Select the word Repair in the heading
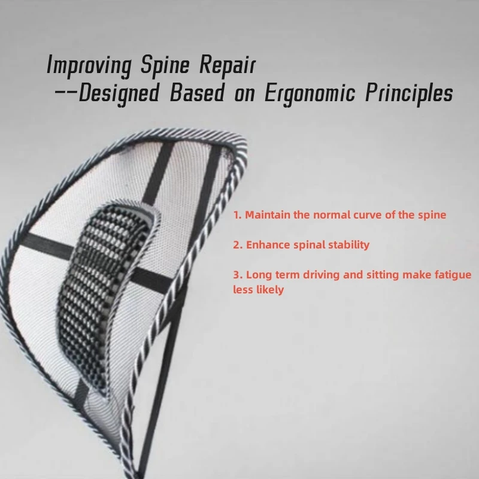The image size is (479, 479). (228, 65)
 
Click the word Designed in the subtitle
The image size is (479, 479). (119, 94)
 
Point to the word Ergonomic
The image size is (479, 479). (310, 94)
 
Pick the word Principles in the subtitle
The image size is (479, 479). (409, 94)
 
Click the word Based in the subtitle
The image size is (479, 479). (197, 93)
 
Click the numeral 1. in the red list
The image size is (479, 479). (237, 215)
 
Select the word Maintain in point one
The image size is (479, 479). (268, 215)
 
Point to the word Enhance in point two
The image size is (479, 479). (268, 245)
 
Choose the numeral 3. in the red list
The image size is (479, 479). (238, 275)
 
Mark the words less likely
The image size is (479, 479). (259, 290)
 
